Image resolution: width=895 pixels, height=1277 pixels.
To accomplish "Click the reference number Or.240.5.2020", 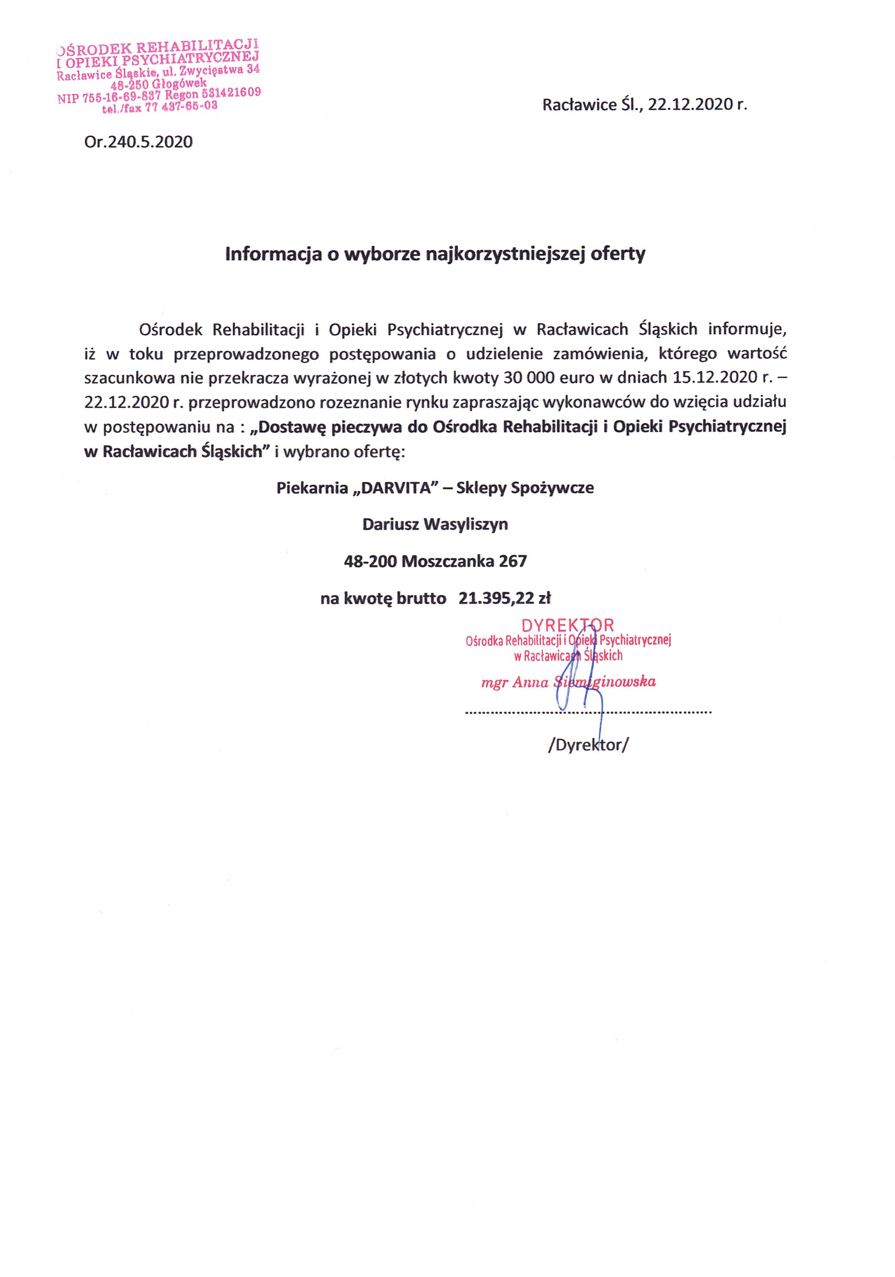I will pos(139,142).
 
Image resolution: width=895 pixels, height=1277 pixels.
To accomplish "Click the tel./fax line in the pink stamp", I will pos(160,108).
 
